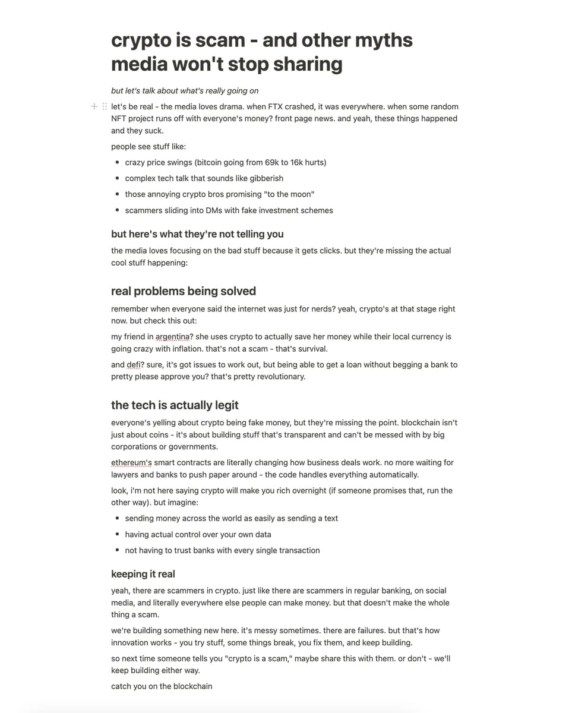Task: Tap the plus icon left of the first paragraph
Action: [x=94, y=106]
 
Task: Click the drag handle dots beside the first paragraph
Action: [x=105, y=106]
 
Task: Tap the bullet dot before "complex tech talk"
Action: [x=118, y=178]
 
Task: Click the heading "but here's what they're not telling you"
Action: [x=197, y=234]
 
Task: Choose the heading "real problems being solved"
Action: [x=184, y=291]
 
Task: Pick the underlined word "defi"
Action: [x=134, y=365]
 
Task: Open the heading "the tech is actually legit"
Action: [x=175, y=405]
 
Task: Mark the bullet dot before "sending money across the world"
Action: [x=118, y=519]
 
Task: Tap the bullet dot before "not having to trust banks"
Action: [x=118, y=551]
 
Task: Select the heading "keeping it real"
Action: [x=143, y=574]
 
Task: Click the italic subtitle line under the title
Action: [x=185, y=91]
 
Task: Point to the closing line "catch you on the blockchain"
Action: [x=162, y=686]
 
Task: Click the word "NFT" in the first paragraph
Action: [x=119, y=119]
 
